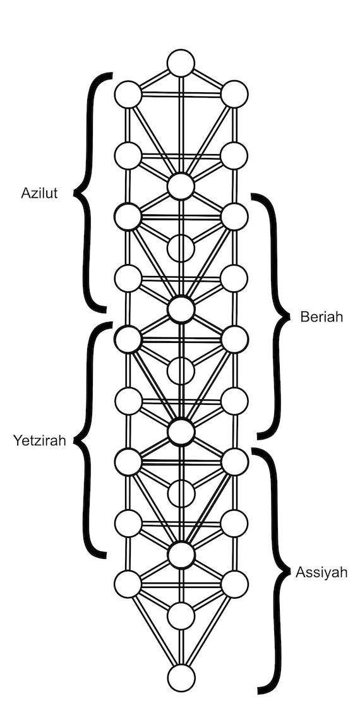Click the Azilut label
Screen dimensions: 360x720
(x=39, y=193)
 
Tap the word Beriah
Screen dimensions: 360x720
(x=321, y=316)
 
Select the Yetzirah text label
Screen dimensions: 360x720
(x=40, y=441)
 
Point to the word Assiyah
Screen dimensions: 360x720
(x=321, y=573)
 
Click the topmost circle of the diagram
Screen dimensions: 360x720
(x=181, y=63)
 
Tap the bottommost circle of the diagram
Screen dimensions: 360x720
(x=181, y=678)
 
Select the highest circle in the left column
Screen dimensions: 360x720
(x=128, y=95)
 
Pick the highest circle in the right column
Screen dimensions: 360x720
(x=235, y=94)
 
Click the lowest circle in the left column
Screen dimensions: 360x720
(x=128, y=585)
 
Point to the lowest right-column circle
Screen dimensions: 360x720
(x=235, y=585)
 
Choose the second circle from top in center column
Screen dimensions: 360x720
(x=181, y=186)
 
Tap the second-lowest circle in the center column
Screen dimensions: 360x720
(x=181, y=616)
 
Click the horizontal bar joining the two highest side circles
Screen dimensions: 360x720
(x=181, y=95)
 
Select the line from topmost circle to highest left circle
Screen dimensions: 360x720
(x=154, y=79)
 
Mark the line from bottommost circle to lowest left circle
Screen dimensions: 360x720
(x=155, y=631)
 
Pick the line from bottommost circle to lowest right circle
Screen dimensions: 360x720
(x=208, y=631)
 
